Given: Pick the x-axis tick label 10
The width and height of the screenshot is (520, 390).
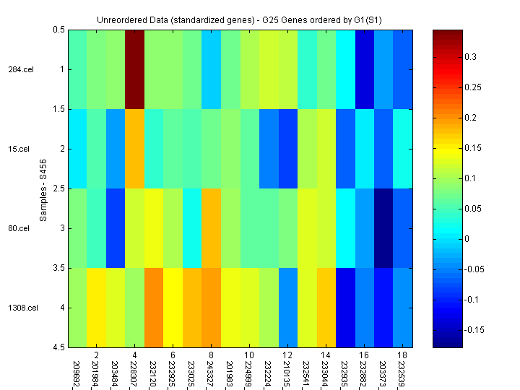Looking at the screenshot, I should coord(249,356).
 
